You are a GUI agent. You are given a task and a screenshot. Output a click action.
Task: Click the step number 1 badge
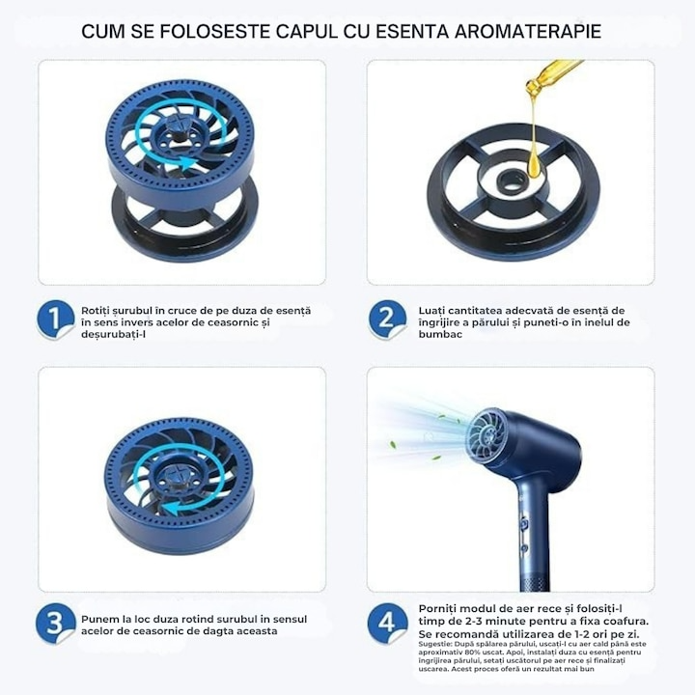[x=57, y=320]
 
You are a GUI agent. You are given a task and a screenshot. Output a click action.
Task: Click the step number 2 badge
[x=387, y=320]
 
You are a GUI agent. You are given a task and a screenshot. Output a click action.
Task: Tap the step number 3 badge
[x=57, y=623]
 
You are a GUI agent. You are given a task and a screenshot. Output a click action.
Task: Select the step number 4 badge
[x=387, y=623]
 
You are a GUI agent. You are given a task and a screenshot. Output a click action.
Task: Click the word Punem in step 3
[x=102, y=617]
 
